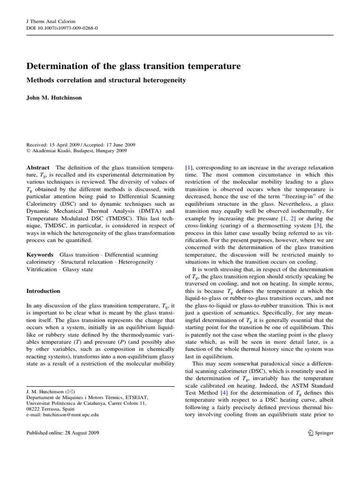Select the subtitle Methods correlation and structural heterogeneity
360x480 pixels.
pos(106,80)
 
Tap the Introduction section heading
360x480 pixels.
pos(43,291)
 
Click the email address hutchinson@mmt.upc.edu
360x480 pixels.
pos(73,414)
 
